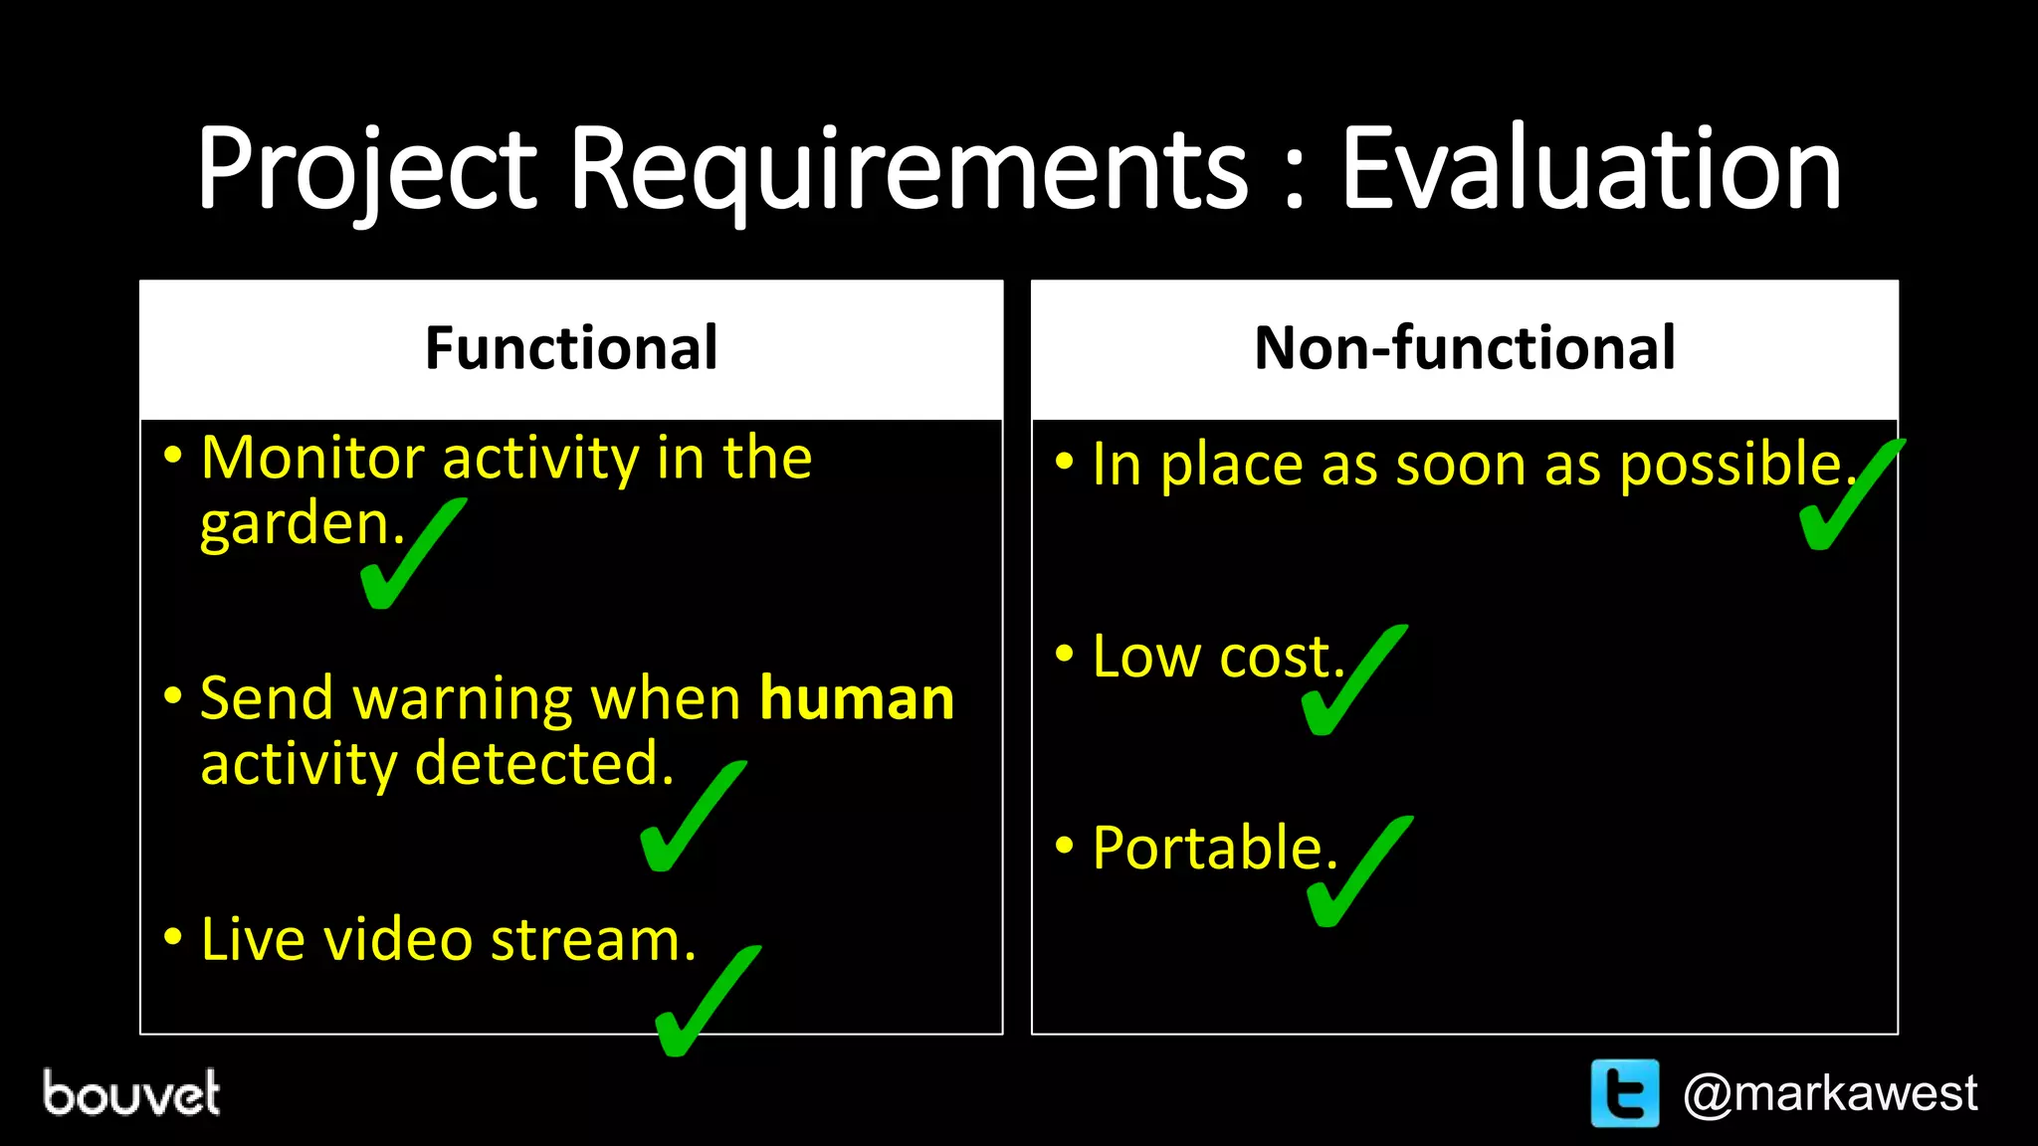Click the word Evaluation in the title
pos(1590,169)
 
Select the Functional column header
pos(571,348)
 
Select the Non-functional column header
pos(1465,348)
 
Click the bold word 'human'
pos(857,698)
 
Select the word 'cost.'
pos(1282,658)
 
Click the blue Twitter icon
pos(1624,1093)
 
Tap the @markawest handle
pos(1829,1093)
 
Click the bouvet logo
pos(131,1093)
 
